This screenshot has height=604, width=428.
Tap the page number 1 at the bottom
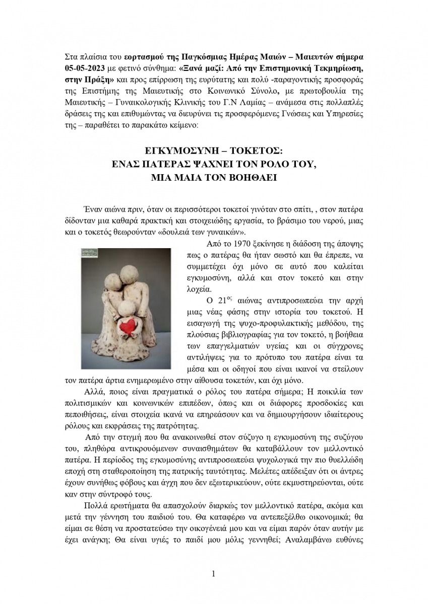(214, 573)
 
